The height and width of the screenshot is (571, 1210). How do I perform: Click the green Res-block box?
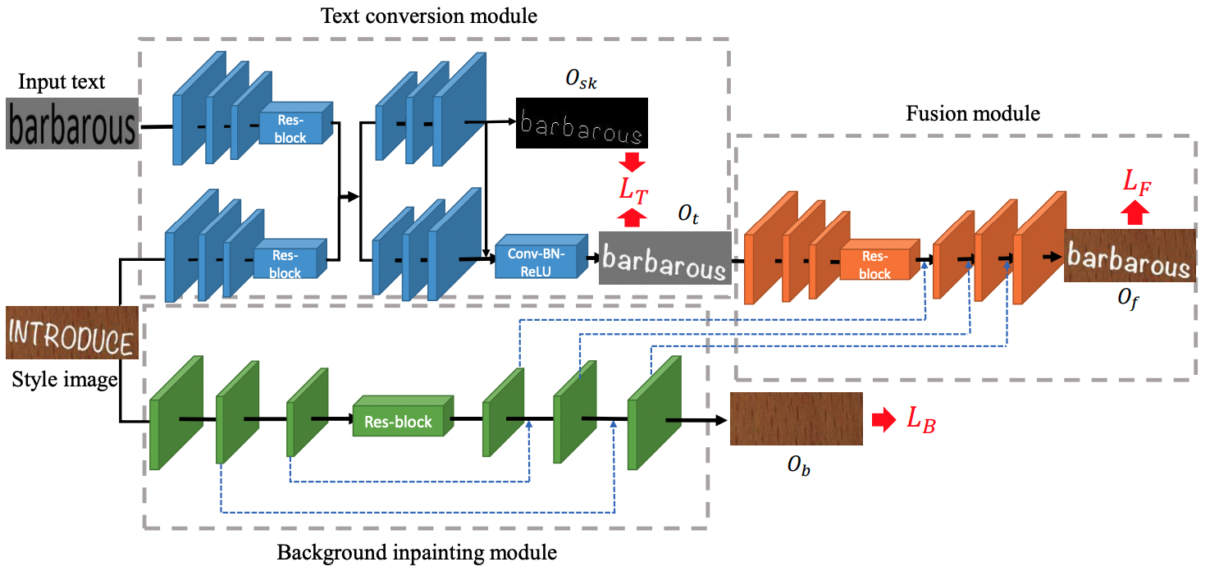pos(403,416)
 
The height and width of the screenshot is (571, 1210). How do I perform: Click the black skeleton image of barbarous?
pos(582,122)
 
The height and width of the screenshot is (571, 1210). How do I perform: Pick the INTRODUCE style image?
pos(72,332)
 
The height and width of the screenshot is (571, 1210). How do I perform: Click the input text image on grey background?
pos(73,123)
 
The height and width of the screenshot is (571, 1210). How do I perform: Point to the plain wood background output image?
pos(797,418)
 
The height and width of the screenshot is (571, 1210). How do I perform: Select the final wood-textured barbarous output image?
pos(1130,255)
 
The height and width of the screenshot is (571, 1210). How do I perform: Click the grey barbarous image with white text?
pos(665,258)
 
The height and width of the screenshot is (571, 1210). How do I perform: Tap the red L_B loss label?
pos(921,420)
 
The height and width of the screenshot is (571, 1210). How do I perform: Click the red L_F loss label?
pos(1137,181)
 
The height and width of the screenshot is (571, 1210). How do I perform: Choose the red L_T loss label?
pos(633,191)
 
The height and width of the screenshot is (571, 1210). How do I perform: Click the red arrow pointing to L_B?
pos(884,420)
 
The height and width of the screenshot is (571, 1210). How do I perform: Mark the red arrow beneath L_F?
pos(1135,212)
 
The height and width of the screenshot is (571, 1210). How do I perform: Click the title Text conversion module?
pos(429,16)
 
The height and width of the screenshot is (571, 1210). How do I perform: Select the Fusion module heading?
pos(973,113)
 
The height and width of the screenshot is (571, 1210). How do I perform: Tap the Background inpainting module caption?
pos(417,553)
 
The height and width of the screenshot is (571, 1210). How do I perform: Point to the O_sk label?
pos(582,80)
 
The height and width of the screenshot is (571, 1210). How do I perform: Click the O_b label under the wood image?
pos(798,464)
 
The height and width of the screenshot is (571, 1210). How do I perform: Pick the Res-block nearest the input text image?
pos(296,123)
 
